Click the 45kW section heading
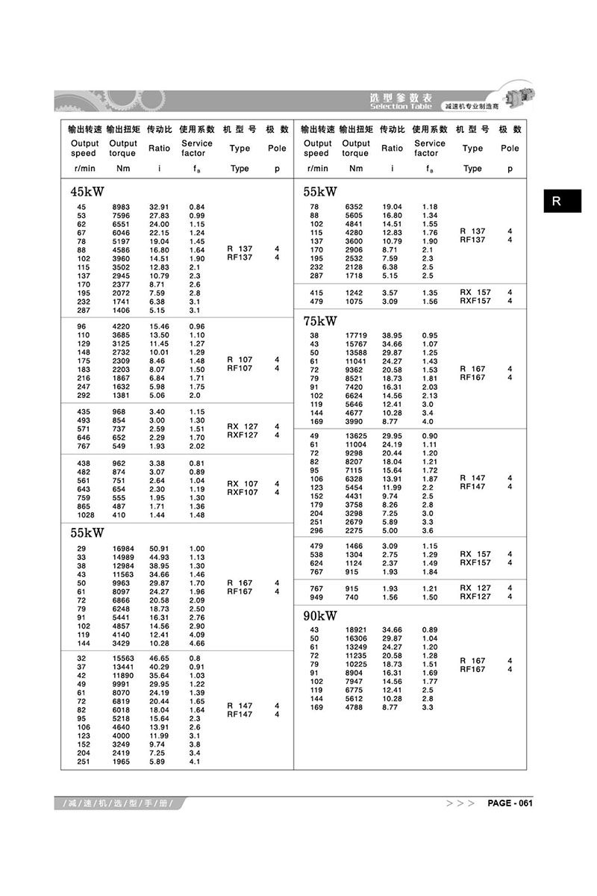[x=87, y=192]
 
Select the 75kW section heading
[x=319, y=321]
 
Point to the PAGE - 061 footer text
[x=510, y=803]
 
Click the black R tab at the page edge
[x=561, y=201]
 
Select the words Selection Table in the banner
[x=400, y=107]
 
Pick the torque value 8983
[x=122, y=207]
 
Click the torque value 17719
[x=355, y=336]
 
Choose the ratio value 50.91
[x=160, y=549]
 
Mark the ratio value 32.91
[x=160, y=207]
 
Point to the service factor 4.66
[x=197, y=643]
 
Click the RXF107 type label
[x=243, y=492]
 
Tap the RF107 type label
[x=240, y=368]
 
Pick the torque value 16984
[x=122, y=549]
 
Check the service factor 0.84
[x=197, y=207]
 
